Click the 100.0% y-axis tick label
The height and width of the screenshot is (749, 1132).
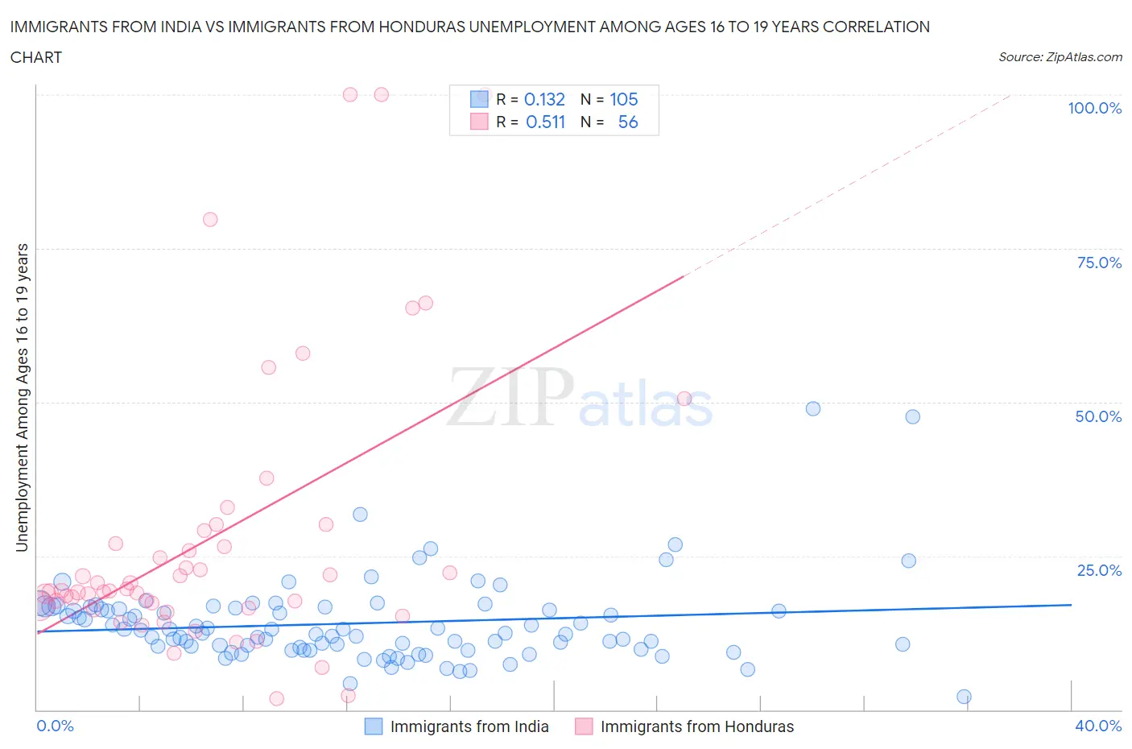click(1094, 108)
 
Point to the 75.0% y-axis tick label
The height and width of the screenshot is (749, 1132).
click(1099, 263)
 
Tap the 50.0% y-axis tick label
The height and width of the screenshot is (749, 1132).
click(1098, 416)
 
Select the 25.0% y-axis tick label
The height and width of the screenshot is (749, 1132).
click(1099, 570)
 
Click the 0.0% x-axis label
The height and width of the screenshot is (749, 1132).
click(55, 726)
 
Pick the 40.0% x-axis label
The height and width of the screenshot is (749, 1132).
click(1098, 726)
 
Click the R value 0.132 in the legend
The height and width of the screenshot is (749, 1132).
click(544, 99)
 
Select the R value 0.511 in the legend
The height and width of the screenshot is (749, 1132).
click(545, 122)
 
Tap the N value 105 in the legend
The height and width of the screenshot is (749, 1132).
click(623, 99)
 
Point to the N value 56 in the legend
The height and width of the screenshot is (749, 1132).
click(628, 122)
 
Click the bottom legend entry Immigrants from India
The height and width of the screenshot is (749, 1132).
click(469, 726)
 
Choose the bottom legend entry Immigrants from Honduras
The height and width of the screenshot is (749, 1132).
click(696, 726)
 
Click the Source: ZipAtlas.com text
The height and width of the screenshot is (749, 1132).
click(1060, 56)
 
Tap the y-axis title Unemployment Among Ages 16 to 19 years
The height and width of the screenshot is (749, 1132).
click(22, 397)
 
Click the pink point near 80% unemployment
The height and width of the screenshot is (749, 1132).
click(210, 219)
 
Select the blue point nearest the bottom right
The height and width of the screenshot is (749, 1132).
click(964, 697)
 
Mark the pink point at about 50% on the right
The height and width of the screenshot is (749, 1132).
click(684, 398)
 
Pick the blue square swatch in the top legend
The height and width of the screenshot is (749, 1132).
click(479, 99)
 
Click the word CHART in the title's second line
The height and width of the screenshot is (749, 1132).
click(35, 57)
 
